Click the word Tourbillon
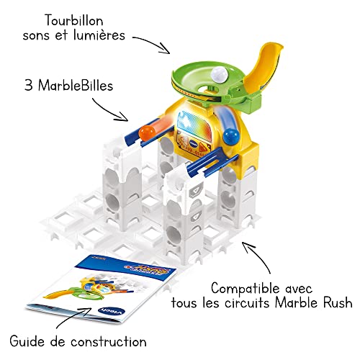(74, 20)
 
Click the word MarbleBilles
(76, 85)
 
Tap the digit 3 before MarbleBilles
(29, 85)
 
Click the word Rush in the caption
(338, 302)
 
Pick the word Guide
(27, 341)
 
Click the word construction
(109, 341)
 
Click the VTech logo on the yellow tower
(193, 143)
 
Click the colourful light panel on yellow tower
(194, 125)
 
